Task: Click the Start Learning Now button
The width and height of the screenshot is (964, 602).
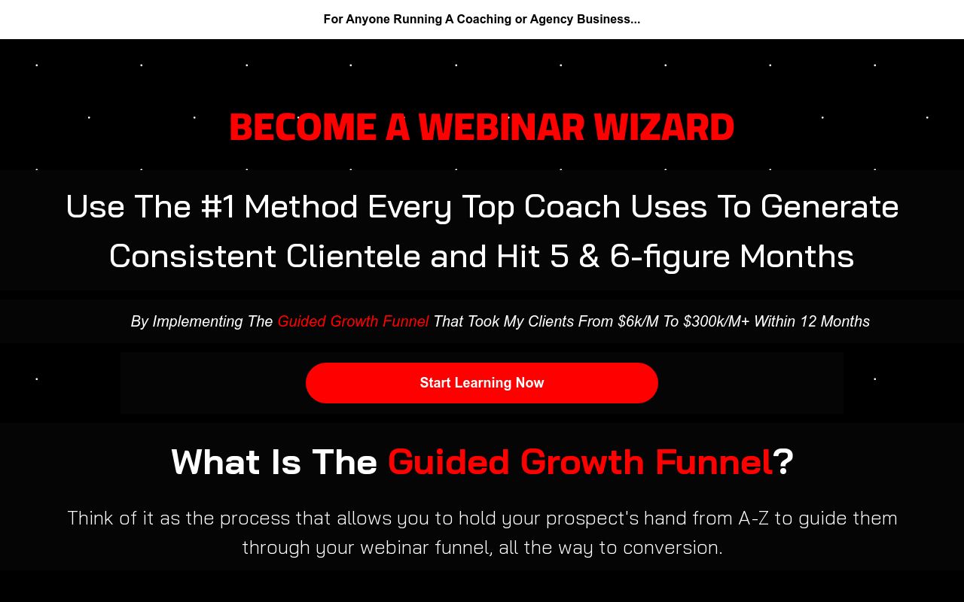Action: (482, 383)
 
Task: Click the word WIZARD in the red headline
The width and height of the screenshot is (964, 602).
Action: (664, 127)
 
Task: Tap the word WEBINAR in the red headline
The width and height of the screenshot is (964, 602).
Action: (501, 127)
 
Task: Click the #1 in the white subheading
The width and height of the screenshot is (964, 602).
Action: (218, 207)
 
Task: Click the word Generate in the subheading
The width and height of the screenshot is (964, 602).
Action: (829, 207)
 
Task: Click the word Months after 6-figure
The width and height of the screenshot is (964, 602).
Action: (797, 257)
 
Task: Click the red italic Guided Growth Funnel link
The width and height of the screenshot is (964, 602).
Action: (352, 321)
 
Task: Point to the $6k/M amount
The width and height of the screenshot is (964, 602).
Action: (637, 321)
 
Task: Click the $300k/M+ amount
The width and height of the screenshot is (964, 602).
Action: (715, 321)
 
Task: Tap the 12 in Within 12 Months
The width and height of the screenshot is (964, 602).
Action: (808, 321)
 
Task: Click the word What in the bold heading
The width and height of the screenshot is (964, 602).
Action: (217, 461)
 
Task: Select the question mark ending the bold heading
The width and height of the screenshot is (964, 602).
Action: (783, 461)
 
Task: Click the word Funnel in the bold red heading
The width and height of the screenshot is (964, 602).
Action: (713, 461)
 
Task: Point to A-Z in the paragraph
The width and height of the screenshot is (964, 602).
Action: (753, 518)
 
